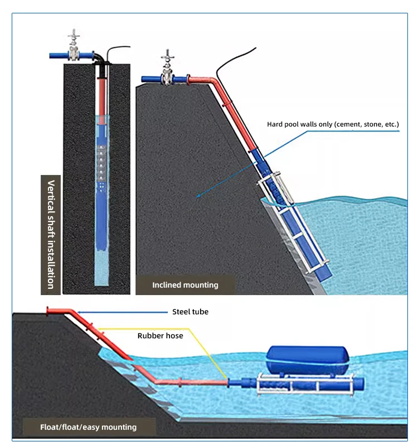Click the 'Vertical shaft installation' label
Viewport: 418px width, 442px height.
click(x=51, y=234)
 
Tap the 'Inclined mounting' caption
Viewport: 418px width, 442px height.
click(x=185, y=285)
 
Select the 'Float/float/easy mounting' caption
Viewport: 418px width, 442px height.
click(x=88, y=427)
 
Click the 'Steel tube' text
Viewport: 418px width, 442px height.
click(x=190, y=312)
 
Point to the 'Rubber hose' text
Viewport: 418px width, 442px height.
click(x=160, y=336)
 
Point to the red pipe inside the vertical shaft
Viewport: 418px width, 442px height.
click(x=102, y=95)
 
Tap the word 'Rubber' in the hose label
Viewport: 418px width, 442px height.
click(x=150, y=336)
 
